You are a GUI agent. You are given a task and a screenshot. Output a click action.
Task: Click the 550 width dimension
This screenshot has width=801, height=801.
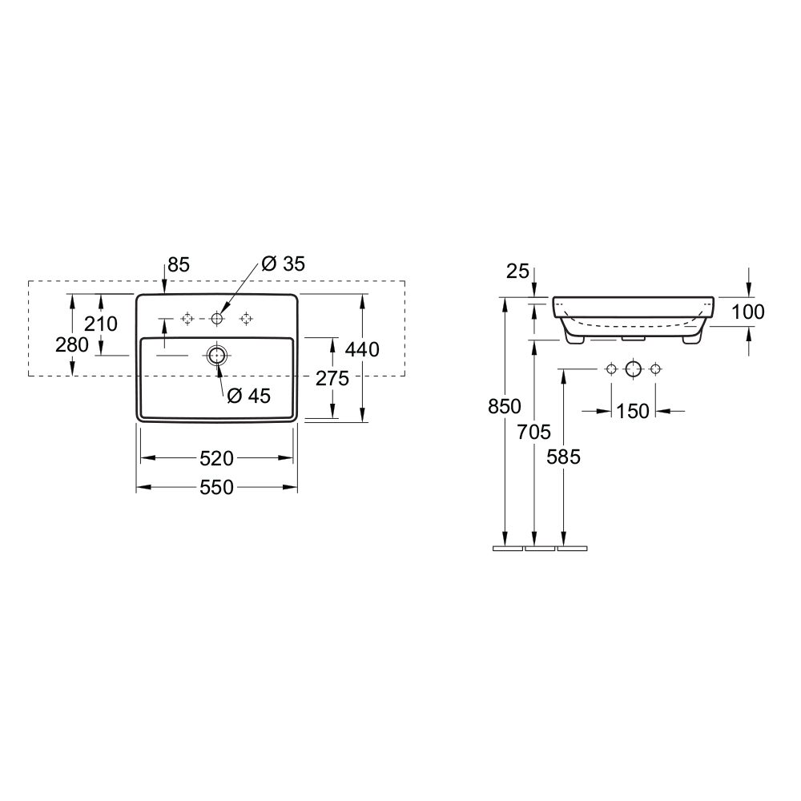(x=216, y=487)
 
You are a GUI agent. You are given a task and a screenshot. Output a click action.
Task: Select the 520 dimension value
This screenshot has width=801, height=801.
(x=216, y=458)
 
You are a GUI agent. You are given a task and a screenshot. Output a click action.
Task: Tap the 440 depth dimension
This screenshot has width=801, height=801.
(x=362, y=349)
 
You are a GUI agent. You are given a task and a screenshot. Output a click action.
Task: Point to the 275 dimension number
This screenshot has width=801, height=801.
(x=332, y=379)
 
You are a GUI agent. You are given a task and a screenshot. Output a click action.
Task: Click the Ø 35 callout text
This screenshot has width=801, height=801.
(x=283, y=264)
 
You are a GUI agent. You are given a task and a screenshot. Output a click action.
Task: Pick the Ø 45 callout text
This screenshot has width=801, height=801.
(x=249, y=396)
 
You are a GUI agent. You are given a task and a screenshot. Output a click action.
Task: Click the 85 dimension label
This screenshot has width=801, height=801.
(x=179, y=264)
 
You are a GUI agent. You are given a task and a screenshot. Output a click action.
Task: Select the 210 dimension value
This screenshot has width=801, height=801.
(x=101, y=324)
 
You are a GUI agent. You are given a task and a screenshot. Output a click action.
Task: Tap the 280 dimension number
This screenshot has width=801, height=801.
(x=72, y=344)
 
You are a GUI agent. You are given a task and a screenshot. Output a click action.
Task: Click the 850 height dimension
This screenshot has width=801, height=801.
(x=505, y=407)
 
